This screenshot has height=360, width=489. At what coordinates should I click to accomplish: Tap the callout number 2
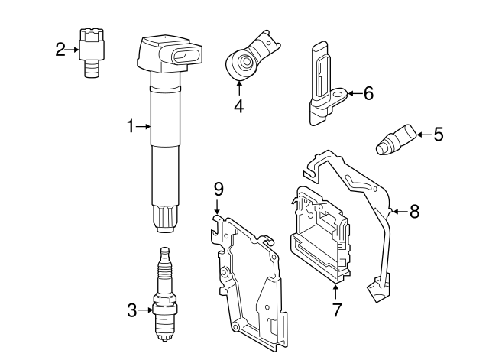coord(61,50)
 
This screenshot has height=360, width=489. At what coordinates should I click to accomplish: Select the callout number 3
coord(131,310)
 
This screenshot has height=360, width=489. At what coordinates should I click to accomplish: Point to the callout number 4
coord(238,107)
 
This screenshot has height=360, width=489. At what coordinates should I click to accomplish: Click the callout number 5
coord(438,135)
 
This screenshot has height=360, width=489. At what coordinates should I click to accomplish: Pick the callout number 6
coord(368,94)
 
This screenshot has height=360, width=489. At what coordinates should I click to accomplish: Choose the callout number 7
coord(337,310)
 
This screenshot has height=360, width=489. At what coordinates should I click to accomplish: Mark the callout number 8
coord(414,211)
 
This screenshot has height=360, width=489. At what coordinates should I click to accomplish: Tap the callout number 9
coord(218,189)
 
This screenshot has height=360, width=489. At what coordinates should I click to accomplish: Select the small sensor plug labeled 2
coord(92,49)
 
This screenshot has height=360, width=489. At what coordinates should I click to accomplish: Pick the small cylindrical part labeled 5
coord(395,141)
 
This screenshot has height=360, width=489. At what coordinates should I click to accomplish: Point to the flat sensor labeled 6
coord(321,80)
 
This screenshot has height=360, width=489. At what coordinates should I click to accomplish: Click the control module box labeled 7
coord(321,237)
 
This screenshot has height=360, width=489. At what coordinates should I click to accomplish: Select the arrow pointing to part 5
coord(423,135)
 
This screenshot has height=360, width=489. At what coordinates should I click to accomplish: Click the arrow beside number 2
coord(74,50)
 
